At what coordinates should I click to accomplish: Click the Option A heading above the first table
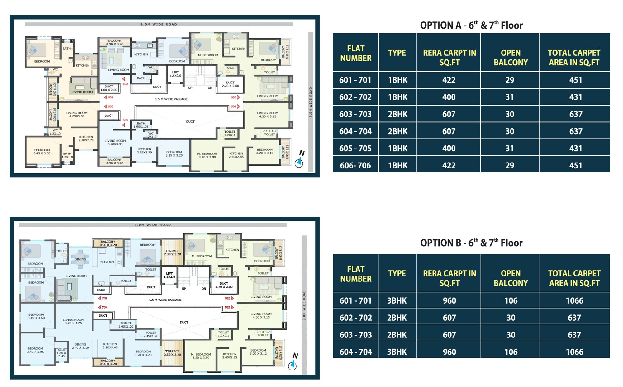pos(471,25)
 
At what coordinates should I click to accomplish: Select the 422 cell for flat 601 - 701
pos(449,80)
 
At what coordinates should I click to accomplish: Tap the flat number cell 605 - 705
pos(355,148)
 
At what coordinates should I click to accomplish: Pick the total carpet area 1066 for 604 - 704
pos(574,352)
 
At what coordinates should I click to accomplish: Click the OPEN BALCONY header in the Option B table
pos(511,278)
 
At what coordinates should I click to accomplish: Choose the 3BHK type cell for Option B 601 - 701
pos(397,300)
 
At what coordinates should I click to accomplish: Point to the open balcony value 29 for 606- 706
pos(510,165)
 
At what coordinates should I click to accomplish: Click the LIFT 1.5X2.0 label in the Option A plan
pos(175,74)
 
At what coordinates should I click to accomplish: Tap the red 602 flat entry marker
pos(125,82)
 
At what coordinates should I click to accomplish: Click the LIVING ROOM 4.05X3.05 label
pos(77,115)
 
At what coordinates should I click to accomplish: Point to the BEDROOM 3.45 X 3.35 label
pos(42,152)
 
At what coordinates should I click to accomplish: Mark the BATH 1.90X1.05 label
pos(141,125)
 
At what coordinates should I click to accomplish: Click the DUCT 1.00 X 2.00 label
pos(109,88)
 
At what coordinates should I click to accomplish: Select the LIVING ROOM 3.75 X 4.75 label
pos(73,321)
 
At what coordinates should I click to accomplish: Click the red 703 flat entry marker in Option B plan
pos(229,307)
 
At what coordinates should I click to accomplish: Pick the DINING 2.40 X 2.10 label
pos(80,346)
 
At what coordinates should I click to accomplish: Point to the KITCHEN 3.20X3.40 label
pos(110,346)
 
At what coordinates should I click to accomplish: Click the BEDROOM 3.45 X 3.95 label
pos(35,350)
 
